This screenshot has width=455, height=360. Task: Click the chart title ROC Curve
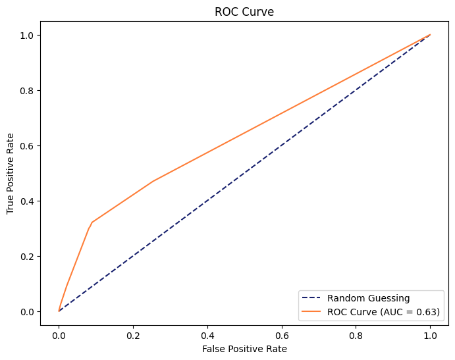[x=244, y=12]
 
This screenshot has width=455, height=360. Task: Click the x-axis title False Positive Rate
[x=244, y=348]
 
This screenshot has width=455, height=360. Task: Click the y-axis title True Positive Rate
[x=11, y=173]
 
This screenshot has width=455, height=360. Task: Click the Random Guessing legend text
[x=368, y=298]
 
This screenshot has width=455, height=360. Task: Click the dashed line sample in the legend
[x=313, y=298]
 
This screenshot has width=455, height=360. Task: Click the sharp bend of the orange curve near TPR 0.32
[x=92, y=222]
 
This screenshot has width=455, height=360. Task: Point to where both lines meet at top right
[x=430, y=35]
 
